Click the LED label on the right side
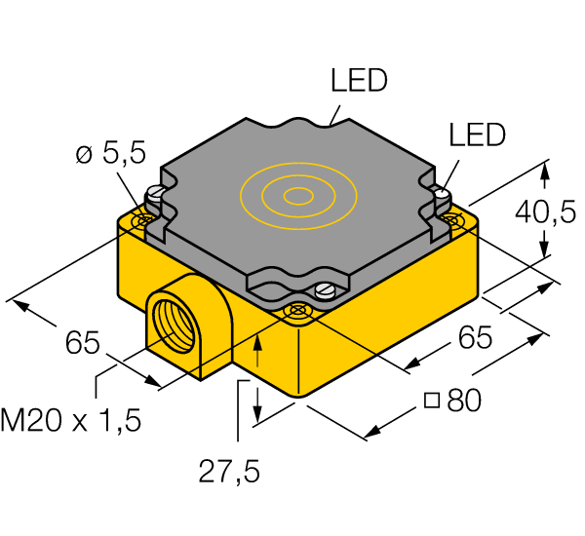coord(477,135)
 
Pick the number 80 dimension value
coord(464,401)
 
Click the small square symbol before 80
coord(432,402)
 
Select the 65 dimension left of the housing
coord(83,343)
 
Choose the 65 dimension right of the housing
coord(474,338)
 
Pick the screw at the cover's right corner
coord(440,194)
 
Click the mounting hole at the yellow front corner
coord(296,311)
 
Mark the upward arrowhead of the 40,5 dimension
coord(545,172)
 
